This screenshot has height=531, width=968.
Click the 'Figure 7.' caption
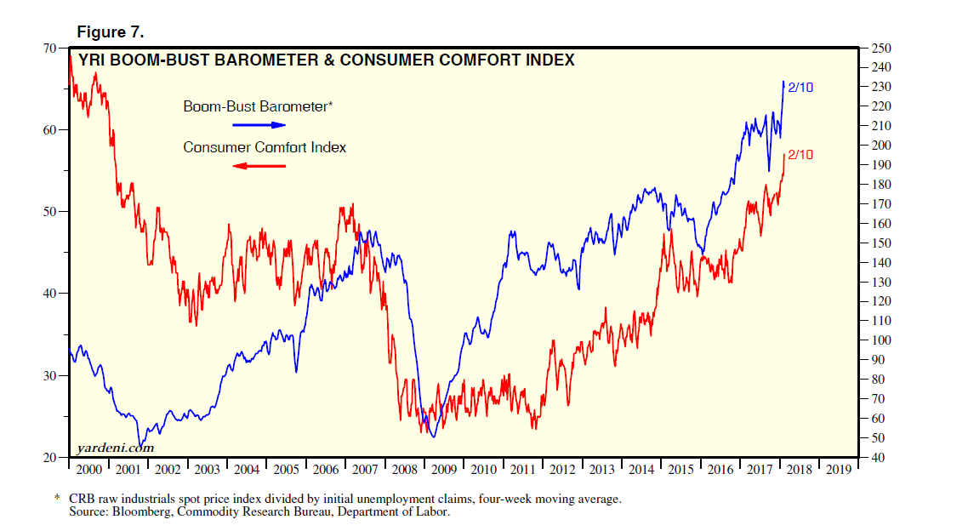coord(111,32)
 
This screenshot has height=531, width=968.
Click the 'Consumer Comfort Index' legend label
coord(265,147)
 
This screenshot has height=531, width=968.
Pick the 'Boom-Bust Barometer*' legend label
coord(258,107)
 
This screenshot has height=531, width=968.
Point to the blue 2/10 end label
coord(801,87)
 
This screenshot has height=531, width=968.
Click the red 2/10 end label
coord(801,155)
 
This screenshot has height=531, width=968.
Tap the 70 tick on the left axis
coord(50,48)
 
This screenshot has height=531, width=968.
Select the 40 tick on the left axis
coord(50,294)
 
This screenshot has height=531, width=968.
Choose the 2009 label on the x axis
coord(445,469)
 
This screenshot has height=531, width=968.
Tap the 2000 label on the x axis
coord(88,469)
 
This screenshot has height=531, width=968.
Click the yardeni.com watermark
coord(115,448)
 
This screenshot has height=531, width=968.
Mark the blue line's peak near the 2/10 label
coord(783,82)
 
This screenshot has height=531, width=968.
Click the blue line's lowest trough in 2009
coord(433,437)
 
